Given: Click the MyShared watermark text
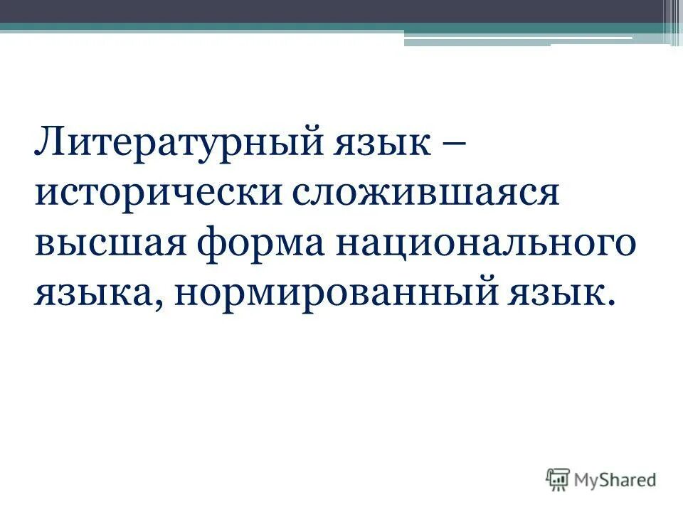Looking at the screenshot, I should point(616,479).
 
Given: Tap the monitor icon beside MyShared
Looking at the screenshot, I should point(558,479).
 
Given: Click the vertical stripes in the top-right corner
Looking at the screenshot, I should point(672,21).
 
